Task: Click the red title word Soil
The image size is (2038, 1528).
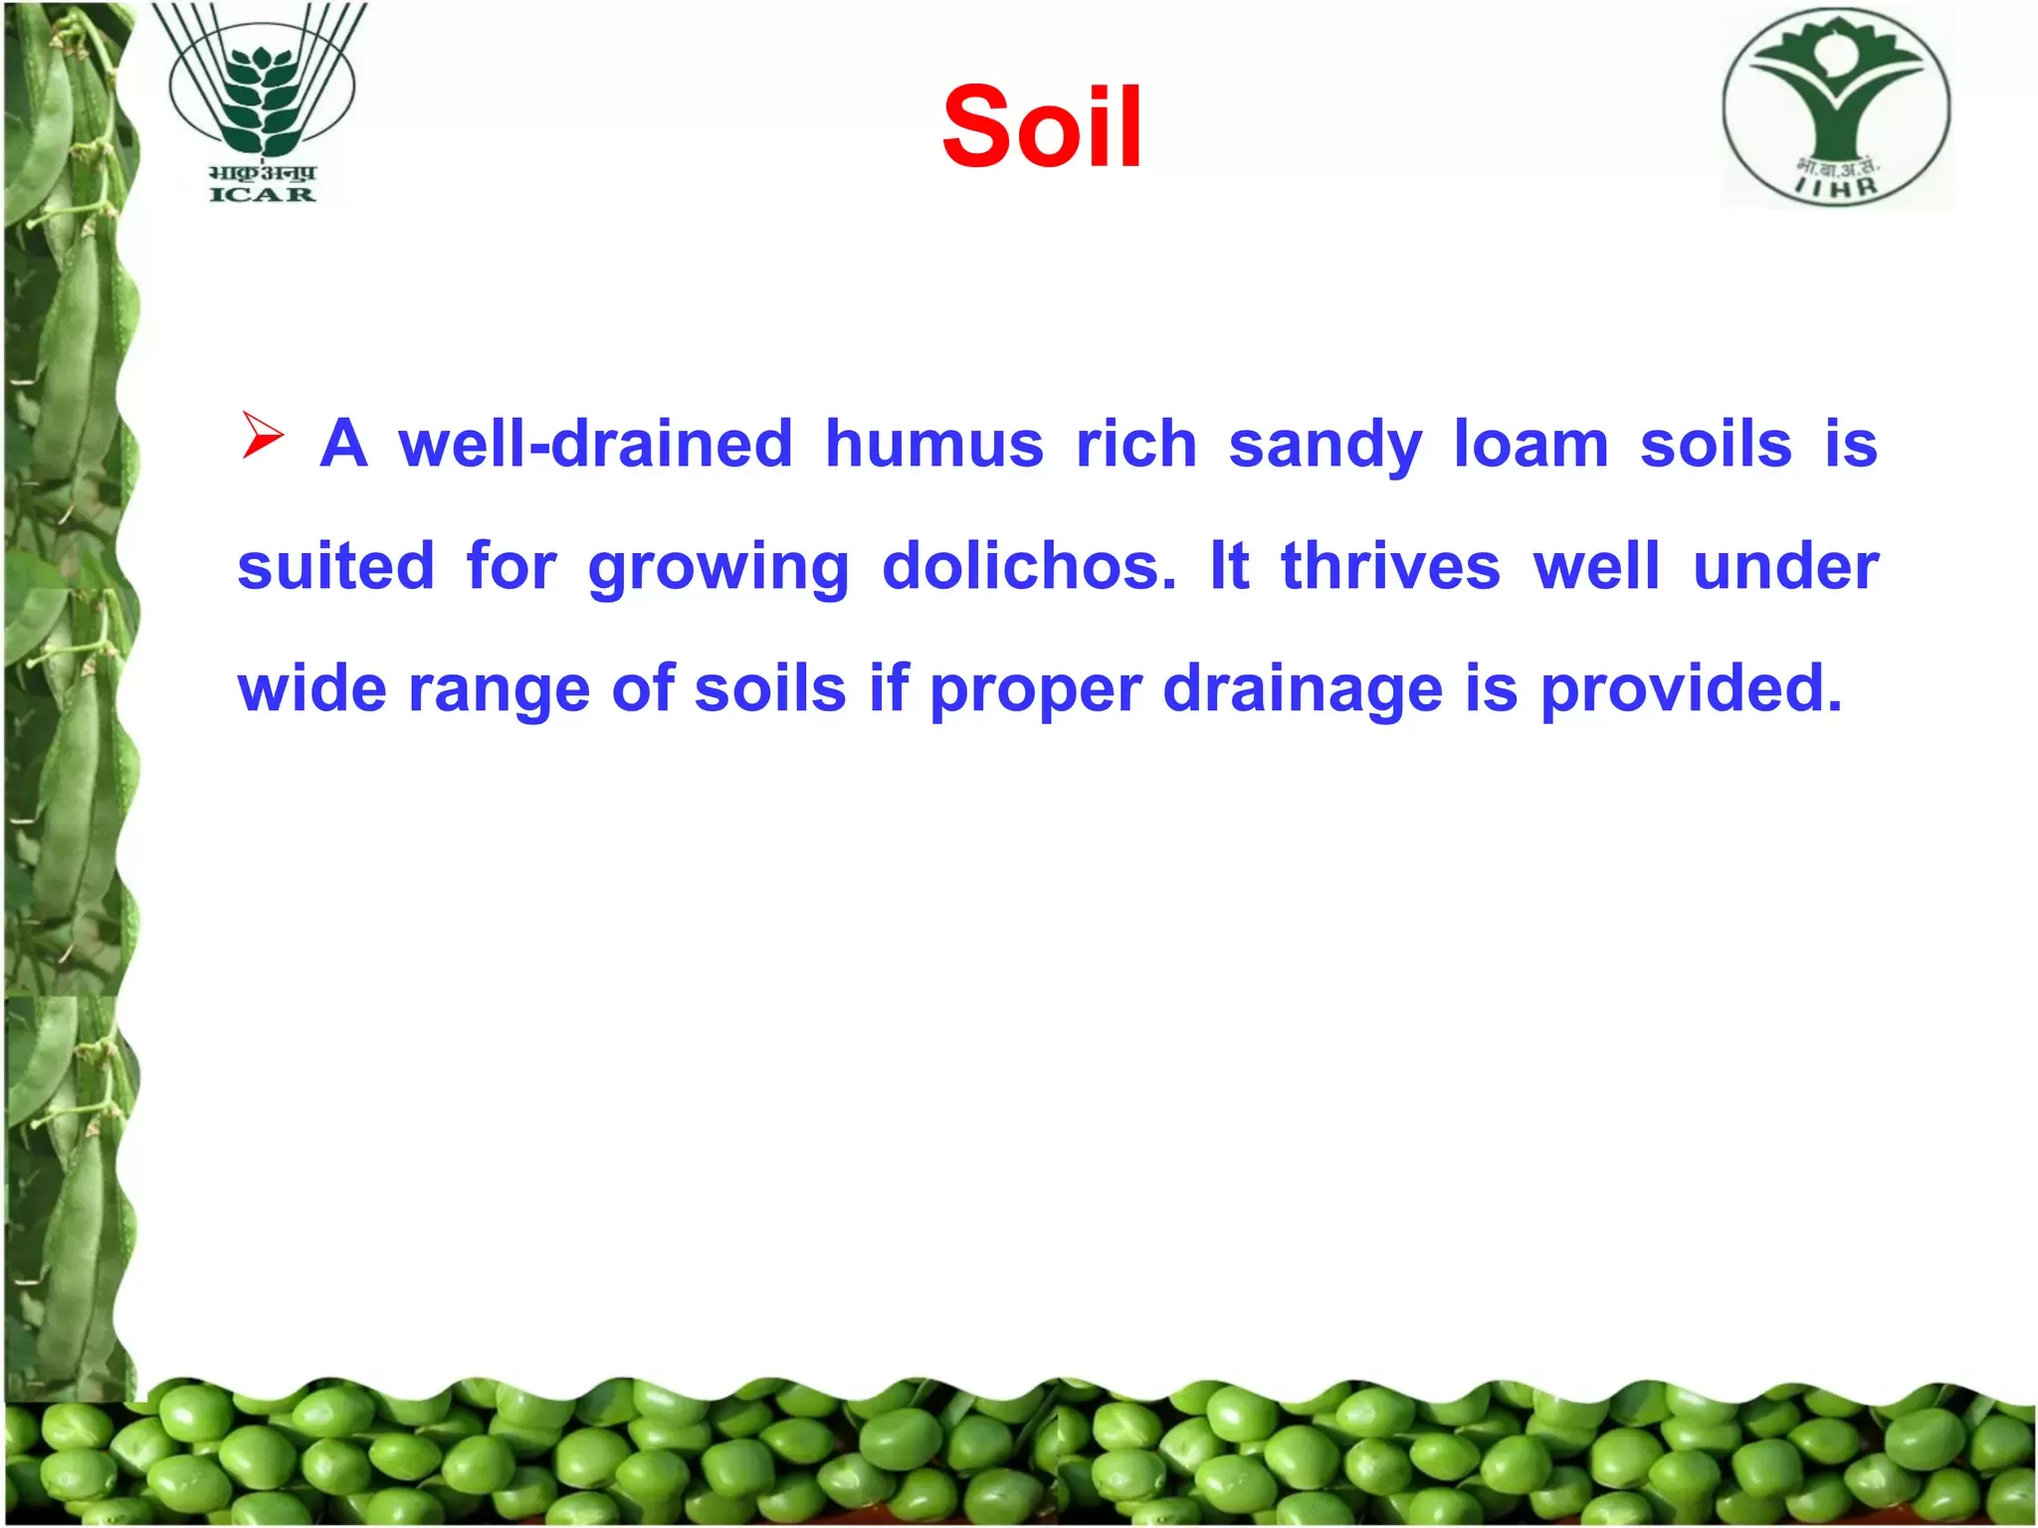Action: (1042, 126)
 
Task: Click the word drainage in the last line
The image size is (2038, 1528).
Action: (1303, 688)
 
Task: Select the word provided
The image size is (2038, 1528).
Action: (1692, 688)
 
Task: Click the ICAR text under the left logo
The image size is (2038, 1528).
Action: (262, 194)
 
